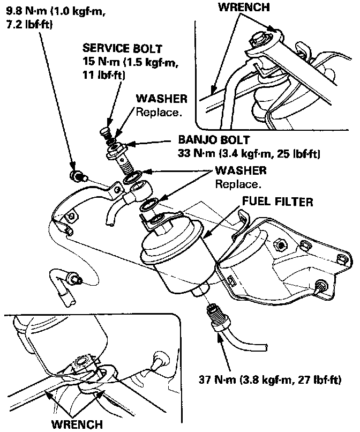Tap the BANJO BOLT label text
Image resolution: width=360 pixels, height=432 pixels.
pyautogui.click(x=213, y=140)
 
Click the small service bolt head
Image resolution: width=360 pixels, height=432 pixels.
pyautogui.click(x=105, y=130)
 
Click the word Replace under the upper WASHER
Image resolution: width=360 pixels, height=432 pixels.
pyautogui.click(x=160, y=113)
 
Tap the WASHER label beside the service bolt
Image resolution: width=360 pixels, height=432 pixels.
pyautogui.click(x=162, y=99)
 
